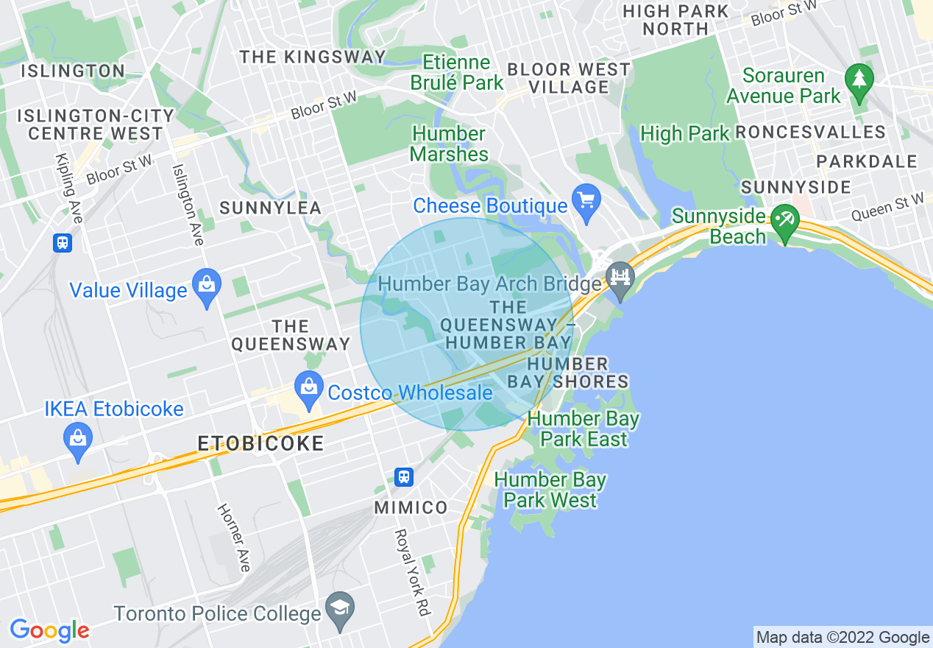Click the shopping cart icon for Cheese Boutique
(586, 202)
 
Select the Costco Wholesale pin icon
(309, 388)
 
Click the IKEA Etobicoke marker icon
(78, 439)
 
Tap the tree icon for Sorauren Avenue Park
(859, 80)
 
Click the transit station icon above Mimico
(403, 476)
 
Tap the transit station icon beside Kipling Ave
(63, 242)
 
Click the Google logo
(49, 630)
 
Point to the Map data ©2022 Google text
(843, 638)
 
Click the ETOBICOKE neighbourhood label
(260, 443)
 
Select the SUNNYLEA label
(271, 208)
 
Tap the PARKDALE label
(867, 161)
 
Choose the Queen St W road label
(887, 207)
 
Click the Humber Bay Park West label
(550, 490)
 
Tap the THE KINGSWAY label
(313, 57)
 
